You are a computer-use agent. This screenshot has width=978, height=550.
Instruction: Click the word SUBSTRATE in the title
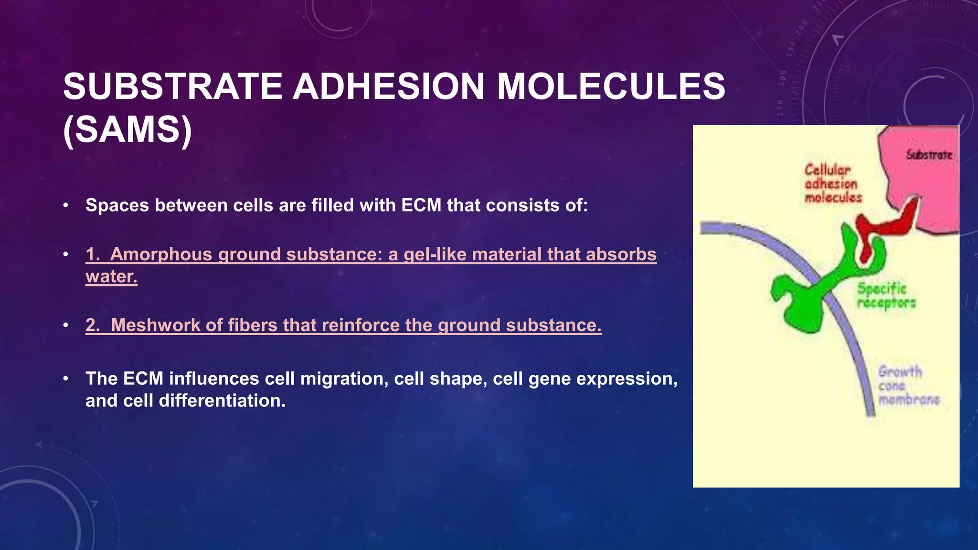[x=173, y=87]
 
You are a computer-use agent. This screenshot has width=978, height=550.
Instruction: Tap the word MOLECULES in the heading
[x=611, y=87]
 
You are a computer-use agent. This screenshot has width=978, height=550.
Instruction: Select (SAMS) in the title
[x=128, y=130]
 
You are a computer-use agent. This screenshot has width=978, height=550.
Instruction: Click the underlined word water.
[x=111, y=276]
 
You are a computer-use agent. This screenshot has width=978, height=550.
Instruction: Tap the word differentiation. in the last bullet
[x=222, y=401]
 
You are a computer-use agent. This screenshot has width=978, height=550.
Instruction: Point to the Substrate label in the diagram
[x=929, y=155]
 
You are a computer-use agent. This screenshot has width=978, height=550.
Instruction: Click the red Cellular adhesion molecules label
[x=832, y=184]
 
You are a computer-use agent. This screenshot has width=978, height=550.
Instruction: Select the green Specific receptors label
[x=886, y=296]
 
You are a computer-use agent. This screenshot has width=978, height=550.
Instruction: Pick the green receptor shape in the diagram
[x=807, y=301]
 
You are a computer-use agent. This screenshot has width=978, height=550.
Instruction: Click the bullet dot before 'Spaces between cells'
[x=66, y=205]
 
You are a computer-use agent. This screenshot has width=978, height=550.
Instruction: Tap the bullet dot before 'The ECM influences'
[x=66, y=379]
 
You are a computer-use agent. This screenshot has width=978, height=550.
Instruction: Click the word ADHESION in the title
[x=388, y=87]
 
